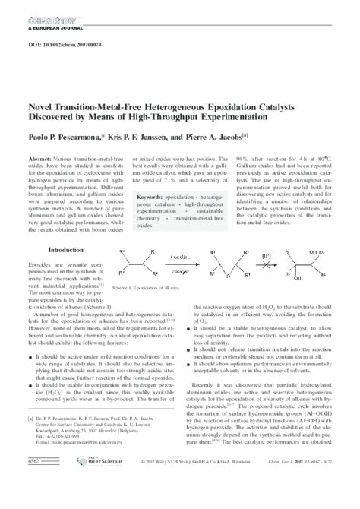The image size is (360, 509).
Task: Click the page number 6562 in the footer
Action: [x=34, y=501]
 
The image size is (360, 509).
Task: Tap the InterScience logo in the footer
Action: [x=83, y=501]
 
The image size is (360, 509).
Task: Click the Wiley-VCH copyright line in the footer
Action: [x=193, y=501]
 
